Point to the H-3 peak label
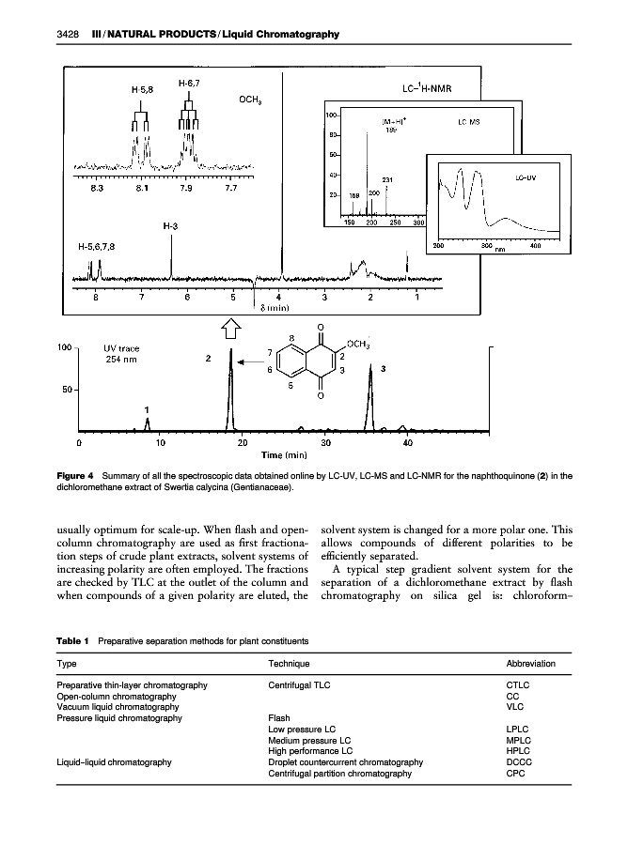point(170,225)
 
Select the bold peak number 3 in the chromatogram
point(383,369)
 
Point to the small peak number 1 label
point(147,409)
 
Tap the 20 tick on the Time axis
point(243,441)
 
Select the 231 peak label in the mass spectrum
point(385,178)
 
